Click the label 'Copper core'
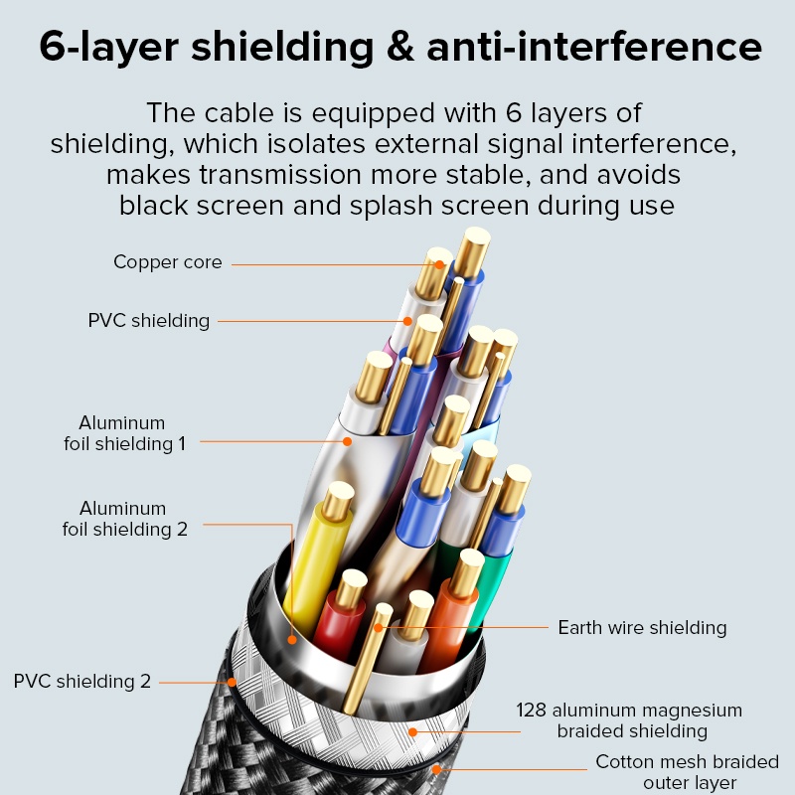click(167, 263)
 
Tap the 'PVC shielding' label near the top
click(149, 321)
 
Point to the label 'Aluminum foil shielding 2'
click(124, 519)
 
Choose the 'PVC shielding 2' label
click(82, 682)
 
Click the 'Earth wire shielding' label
click(642, 628)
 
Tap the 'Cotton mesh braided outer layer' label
click(687, 772)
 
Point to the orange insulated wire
click(447, 621)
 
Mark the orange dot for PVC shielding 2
click(232, 682)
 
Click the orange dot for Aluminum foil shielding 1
click(347, 440)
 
